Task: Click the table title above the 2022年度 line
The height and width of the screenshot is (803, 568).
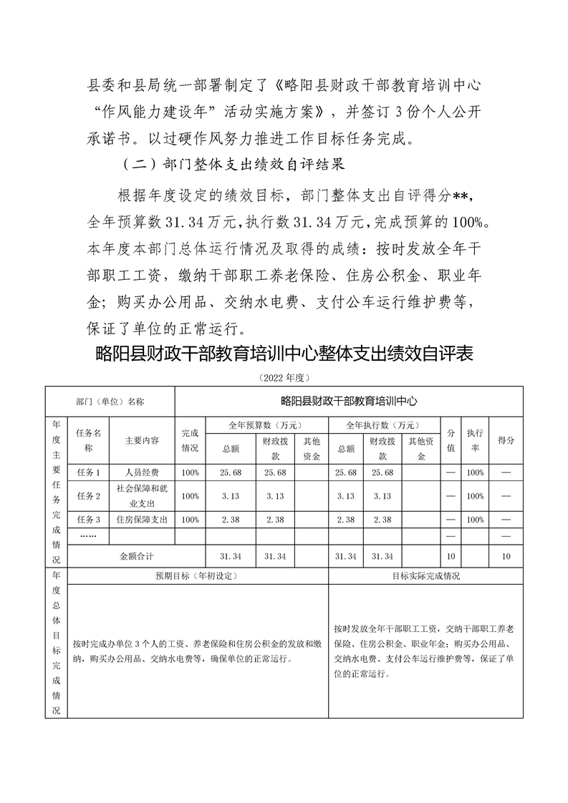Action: tap(284, 355)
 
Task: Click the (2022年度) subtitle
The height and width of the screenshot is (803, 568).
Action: tap(284, 376)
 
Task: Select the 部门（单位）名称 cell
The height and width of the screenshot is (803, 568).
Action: tap(110, 401)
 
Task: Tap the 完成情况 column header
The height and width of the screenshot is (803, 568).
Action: tap(190, 439)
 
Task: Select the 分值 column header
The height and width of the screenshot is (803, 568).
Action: tap(451, 439)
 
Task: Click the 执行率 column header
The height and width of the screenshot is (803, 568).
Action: tap(474, 439)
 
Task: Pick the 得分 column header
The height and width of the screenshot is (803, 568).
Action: tap(506, 440)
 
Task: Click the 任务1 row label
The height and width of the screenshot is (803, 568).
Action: tap(88, 473)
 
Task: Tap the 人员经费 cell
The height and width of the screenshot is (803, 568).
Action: tap(142, 473)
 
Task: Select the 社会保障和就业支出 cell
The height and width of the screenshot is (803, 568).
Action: tap(142, 496)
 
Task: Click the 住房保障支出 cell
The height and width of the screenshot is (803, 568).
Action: tap(142, 520)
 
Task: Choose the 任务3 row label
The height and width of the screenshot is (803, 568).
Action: tap(88, 520)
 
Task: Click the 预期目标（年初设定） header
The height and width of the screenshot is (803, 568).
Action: tap(197, 575)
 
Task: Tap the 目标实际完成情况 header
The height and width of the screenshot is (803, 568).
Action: tap(425, 575)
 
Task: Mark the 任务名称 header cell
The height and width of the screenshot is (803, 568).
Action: tap(88, 439)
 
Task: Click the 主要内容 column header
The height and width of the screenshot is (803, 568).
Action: tap(142, 440)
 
